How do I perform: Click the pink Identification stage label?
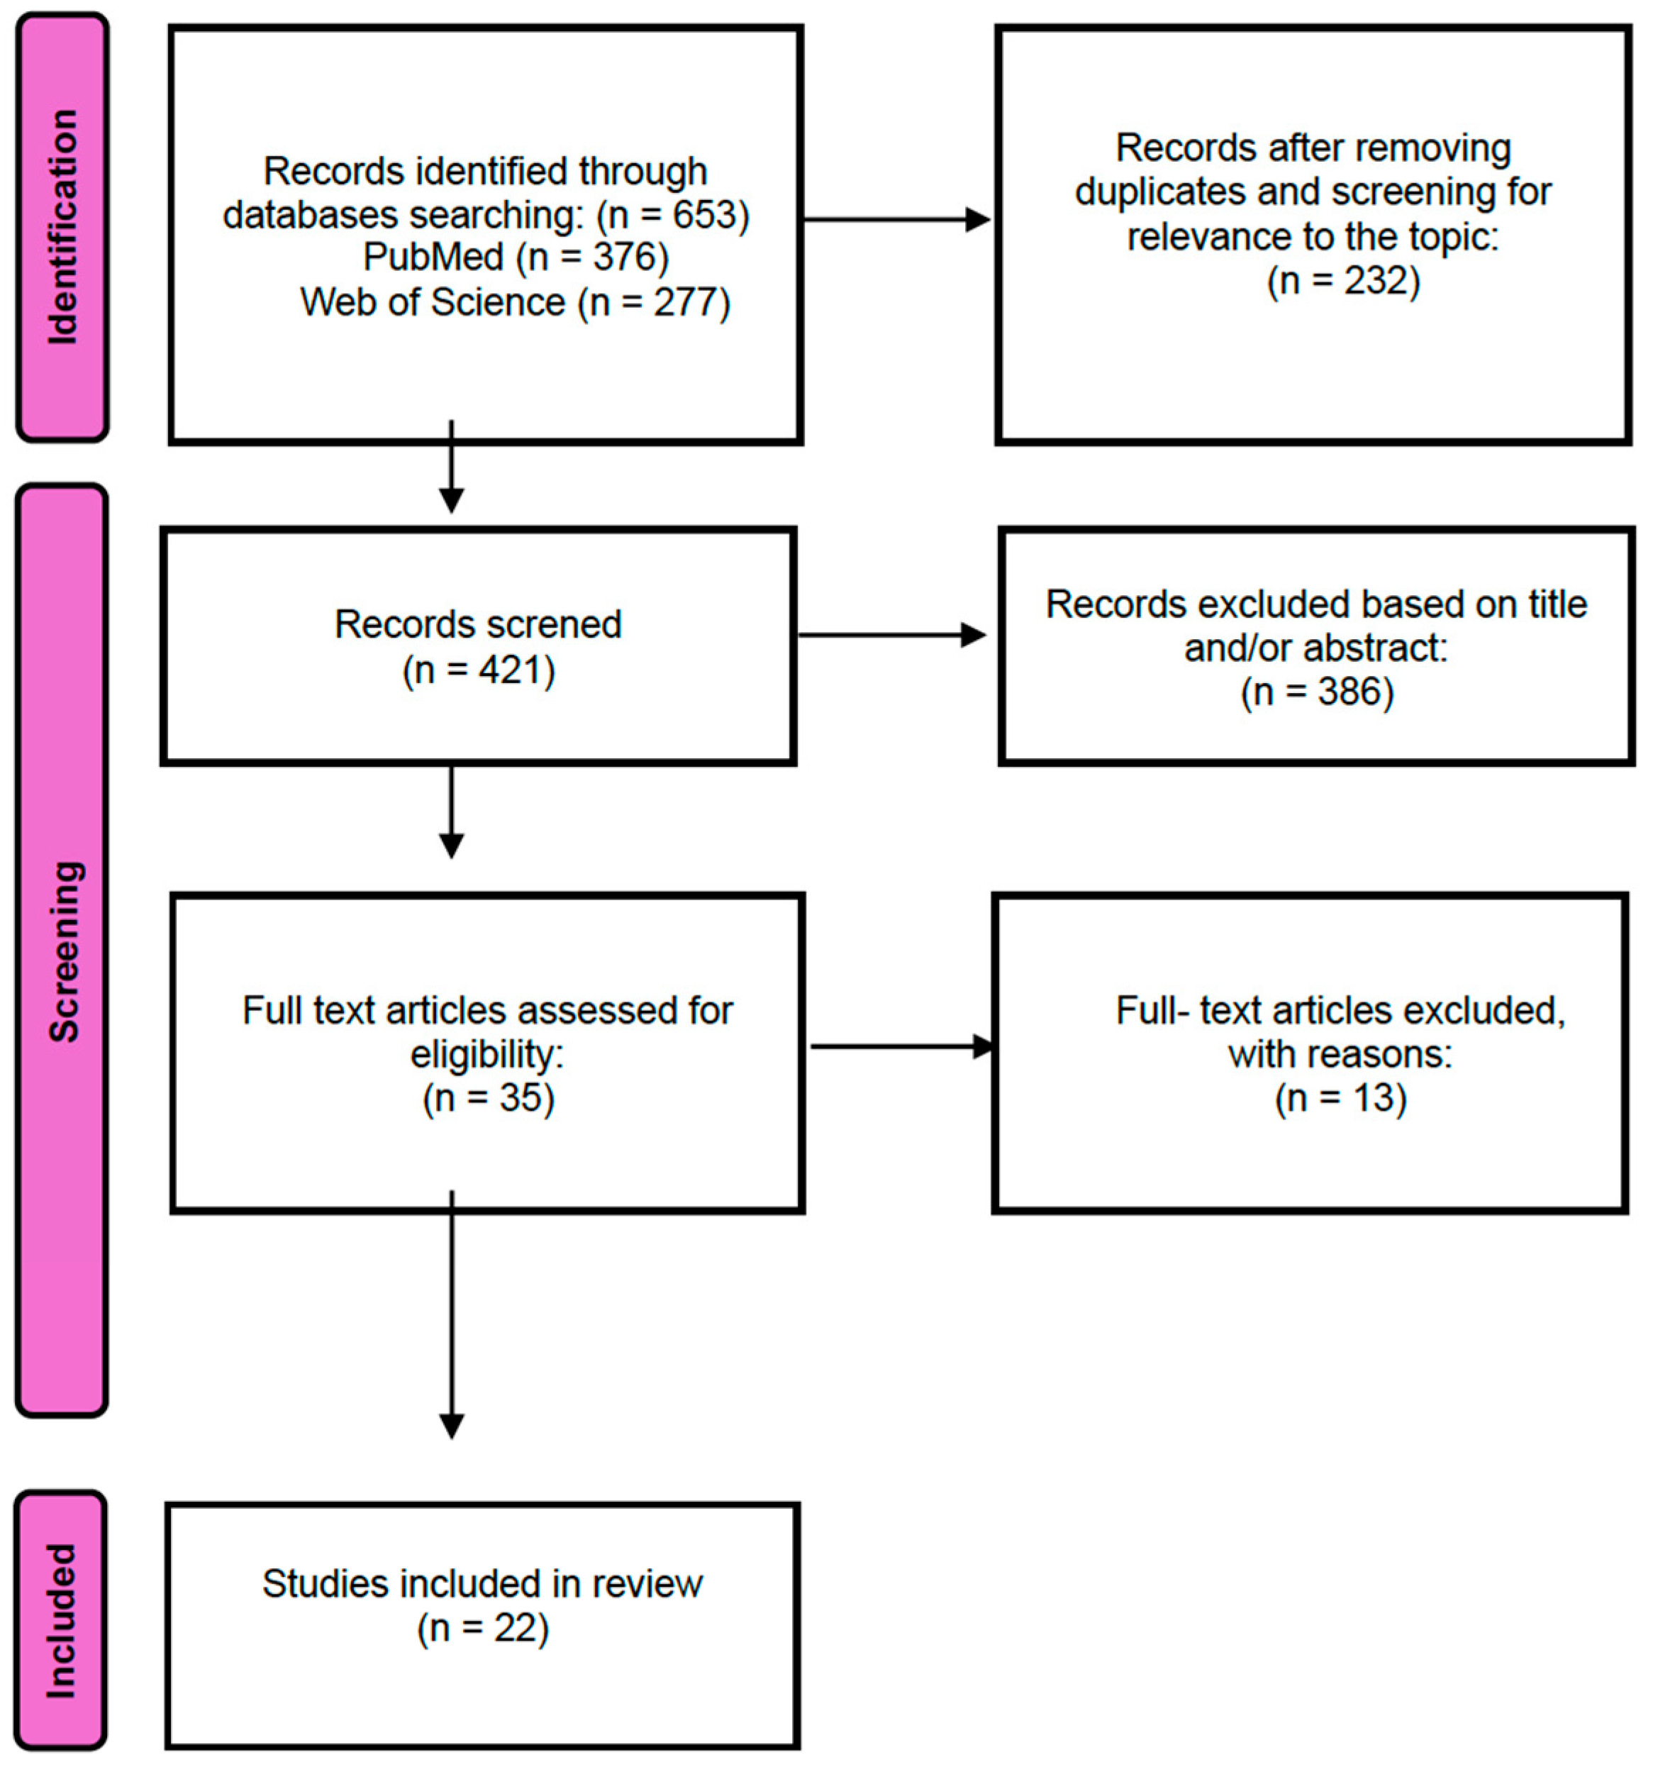[63, 227]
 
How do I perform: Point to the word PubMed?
[434, 257]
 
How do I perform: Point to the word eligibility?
[486, 1055]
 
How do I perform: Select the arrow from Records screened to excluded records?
[892, 636]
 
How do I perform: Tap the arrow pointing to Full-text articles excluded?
[903, 1046]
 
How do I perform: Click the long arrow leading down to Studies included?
[452, 1314]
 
